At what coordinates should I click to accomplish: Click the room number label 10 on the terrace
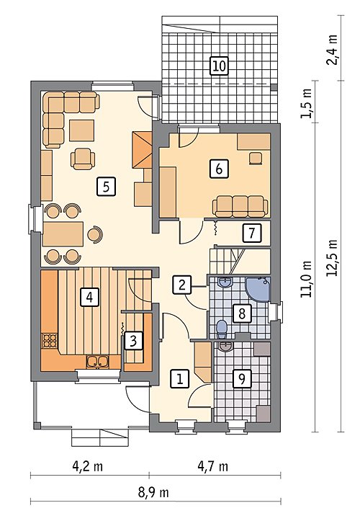pos(219,65)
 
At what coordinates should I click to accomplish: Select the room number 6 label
pos(219,169)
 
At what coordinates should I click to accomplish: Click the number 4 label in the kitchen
pos(89,297)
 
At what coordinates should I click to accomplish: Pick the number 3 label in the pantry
pos(133,341)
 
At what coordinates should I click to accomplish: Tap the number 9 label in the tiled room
pos(242,378)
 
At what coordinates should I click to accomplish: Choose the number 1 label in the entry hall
pos(180,378)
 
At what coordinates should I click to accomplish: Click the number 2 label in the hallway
pos(181,285)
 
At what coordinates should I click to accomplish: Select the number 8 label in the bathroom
pos(242,313)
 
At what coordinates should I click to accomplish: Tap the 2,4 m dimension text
pos(332,50)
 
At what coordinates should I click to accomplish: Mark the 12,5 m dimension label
pos(332,258)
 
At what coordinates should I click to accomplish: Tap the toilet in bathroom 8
pos(222,327)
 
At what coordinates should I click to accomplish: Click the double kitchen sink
pos(97,362)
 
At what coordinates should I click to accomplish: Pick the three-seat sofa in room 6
pos(240,206)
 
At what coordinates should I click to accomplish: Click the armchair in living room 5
pos(83,159)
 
